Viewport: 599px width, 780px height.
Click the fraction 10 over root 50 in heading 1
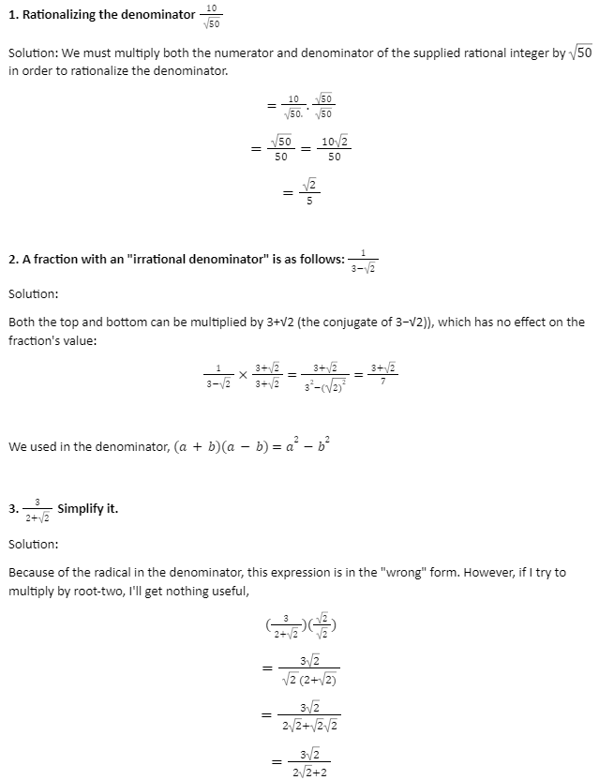pyautogui.click(x=212, y=16)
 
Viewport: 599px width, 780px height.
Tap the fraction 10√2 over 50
pyautogui.click(x=334, y=148)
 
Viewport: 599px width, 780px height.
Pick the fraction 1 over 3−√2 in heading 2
pyautogui.click(x=364, y=260)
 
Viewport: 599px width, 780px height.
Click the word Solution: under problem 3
pyautogui.click(x=34, y=544)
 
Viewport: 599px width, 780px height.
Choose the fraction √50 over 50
pyautogui.click(x=281, y=148)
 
